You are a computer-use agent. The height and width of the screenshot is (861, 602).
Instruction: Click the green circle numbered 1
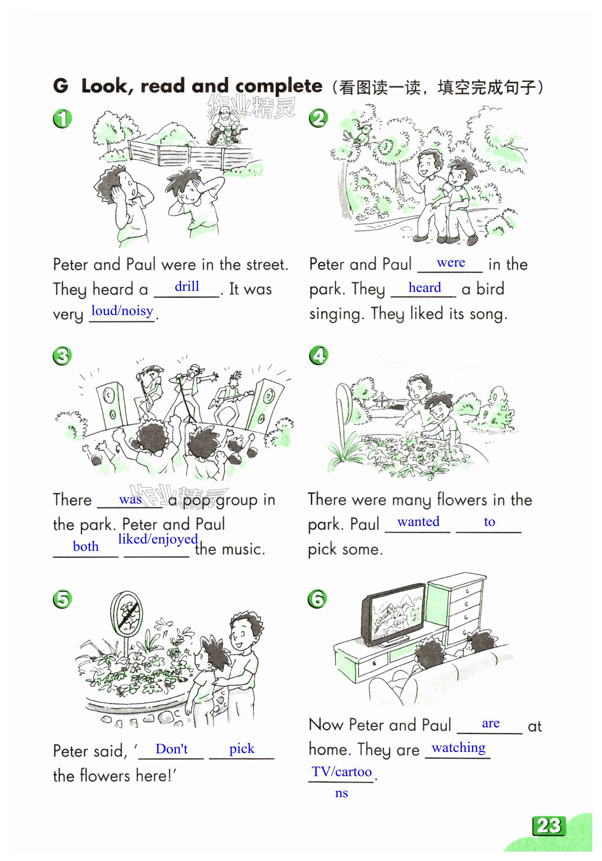pos(63,119)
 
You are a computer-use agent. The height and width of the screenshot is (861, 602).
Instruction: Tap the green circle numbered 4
pos(319,355)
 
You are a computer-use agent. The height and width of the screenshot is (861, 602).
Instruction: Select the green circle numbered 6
pos(317,599)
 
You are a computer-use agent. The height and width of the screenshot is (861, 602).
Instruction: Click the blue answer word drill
pos(187,287)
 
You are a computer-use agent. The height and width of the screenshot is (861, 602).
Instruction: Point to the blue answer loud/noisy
pos(122,311)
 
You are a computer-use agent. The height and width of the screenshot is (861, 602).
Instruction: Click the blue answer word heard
pos(425,288)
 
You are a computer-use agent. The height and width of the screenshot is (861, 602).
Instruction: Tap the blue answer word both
pos(86,546)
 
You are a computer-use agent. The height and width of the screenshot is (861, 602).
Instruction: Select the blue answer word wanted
pos(418,522)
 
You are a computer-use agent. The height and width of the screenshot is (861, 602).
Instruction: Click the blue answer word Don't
pos(171,749)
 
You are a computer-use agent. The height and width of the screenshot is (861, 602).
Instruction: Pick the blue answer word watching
pos(459,748)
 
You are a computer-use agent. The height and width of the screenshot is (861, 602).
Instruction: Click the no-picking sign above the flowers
pos(126,614)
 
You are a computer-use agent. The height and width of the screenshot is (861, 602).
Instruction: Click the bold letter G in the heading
pos(61,86)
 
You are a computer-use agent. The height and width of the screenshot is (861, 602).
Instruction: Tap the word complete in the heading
pos(279,87)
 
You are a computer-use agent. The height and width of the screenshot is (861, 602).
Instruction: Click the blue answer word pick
pos(242,749)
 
